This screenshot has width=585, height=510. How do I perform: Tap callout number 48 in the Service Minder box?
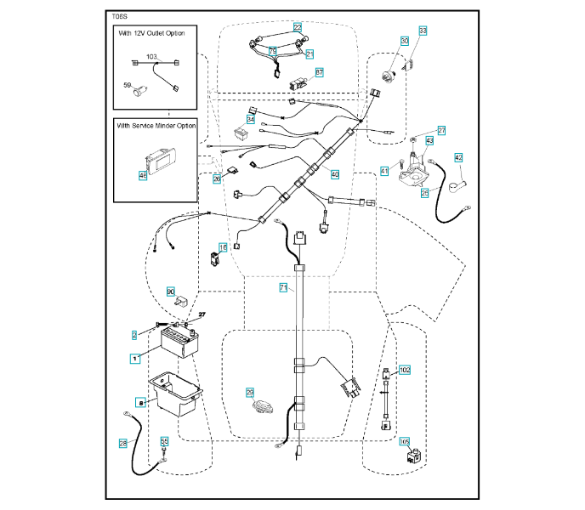[143, 175]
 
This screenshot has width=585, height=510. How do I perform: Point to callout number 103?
[152, 56]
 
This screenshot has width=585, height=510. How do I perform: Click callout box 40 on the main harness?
[335, 174]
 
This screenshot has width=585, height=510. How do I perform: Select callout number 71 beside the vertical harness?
[283, 289]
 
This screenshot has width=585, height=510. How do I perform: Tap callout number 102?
[405, 371]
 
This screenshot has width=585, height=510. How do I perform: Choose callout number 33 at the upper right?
[423, 31]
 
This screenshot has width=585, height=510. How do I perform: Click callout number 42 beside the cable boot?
[457, 157]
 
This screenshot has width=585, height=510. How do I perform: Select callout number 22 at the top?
[298, 26]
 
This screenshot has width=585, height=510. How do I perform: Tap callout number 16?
[223, 247]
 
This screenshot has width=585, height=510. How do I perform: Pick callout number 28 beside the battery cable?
[123, 443]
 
